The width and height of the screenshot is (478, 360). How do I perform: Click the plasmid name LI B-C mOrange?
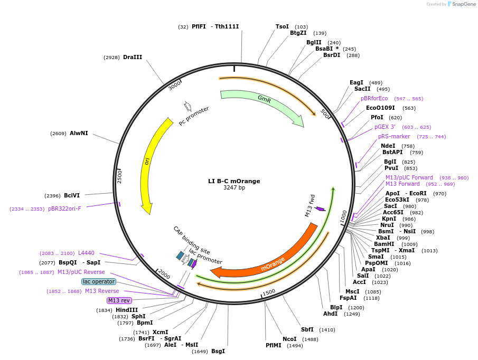234,181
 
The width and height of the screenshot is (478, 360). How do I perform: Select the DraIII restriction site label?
132,58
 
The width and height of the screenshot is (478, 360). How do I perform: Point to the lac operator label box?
99,282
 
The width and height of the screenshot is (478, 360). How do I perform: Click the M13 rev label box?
119,300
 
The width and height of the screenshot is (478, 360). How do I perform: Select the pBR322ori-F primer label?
64,209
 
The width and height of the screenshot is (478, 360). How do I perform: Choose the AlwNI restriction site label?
79,134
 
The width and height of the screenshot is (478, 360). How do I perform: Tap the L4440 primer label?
86,253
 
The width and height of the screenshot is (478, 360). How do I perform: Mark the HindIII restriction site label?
127,310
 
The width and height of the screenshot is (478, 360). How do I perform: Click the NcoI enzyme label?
289,339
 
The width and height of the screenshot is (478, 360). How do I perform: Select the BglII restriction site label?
314,43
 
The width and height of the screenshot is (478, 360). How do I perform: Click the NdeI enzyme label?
388,146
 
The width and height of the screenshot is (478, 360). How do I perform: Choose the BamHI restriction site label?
384,244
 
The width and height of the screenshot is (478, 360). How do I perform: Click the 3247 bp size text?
234,188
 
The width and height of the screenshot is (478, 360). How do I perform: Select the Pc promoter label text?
194,116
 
